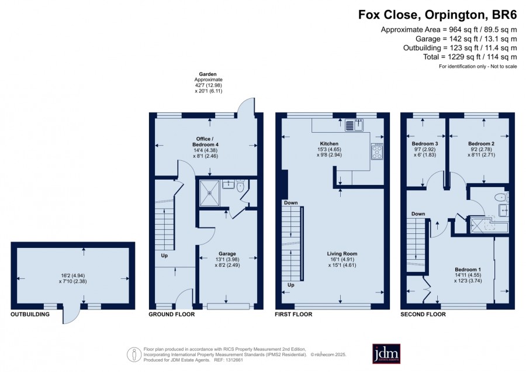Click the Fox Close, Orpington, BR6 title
pos(437,15)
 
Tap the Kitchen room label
pos(329,144)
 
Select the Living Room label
pos(342,254)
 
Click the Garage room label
pos(227,254)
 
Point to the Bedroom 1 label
pos(468,270)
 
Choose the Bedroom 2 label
pos(482,144)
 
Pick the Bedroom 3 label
pos(425,144)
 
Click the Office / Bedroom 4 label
pos(205,142)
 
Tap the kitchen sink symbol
pos(354,125)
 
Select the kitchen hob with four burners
pos(377,151)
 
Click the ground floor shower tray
pos(210,192)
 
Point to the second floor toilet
pos(501,197)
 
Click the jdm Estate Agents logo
pos(386,353)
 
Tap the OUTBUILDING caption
pos(30,315)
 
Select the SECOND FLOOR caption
pos(423,315)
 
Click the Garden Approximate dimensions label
pos(208,82)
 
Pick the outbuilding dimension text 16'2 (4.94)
pos(72,275)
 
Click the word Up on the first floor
pos(291,285)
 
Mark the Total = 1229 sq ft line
pos(470,57)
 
